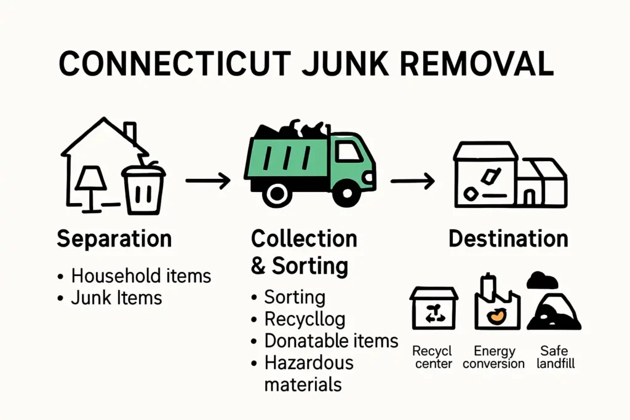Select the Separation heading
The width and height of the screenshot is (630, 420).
tap(114, 239)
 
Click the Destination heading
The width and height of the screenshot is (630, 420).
tap(508, 239)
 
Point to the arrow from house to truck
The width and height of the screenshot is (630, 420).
tap(207, 181)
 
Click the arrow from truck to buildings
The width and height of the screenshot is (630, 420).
tap(412, 181)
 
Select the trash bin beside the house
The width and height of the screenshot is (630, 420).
tap(143, 188)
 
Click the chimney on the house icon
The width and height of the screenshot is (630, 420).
tap(130, 132)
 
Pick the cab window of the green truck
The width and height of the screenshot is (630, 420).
tap(348, 152)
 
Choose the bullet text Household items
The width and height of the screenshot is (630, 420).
tap(141, 276)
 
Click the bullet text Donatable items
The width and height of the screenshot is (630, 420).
tap(331, 341)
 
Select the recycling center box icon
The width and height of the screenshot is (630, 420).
tap(434, 309)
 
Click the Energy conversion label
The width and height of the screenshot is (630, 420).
tap(494, 357)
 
